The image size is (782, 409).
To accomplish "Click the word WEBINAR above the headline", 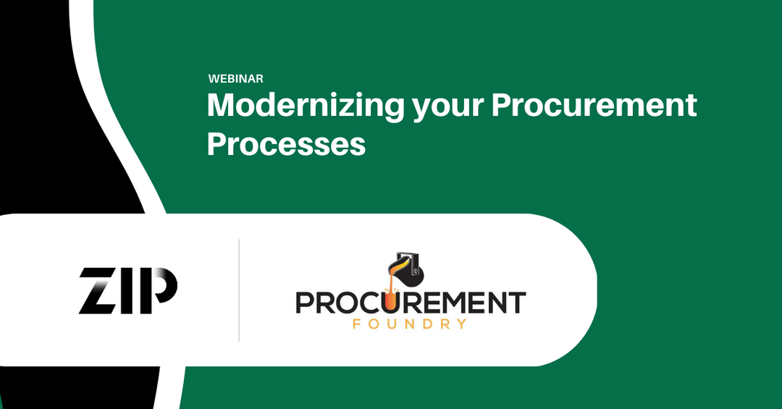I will click(x=235, y=78).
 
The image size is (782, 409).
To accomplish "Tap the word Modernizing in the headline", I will click(x=305, y=106).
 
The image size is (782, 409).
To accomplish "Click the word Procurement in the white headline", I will click(x=594, y=106).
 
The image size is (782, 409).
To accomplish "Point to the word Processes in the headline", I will click(x=286, y=144).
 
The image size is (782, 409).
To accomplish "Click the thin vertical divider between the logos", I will click(x=239, y=290).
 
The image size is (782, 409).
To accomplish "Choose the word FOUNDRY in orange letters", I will click(x=409, y=324).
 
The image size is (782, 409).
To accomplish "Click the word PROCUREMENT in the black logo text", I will click(x=411, y=302).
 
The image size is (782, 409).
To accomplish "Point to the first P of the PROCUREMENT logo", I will click(x=305, y=302).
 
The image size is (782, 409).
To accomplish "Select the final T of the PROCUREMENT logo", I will click(x=517, y=302).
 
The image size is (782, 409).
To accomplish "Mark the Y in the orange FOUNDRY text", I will click(x=461, y=324).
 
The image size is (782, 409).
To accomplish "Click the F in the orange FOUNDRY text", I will click(x=357, y=324).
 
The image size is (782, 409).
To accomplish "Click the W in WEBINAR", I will click(x=213, y=78).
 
